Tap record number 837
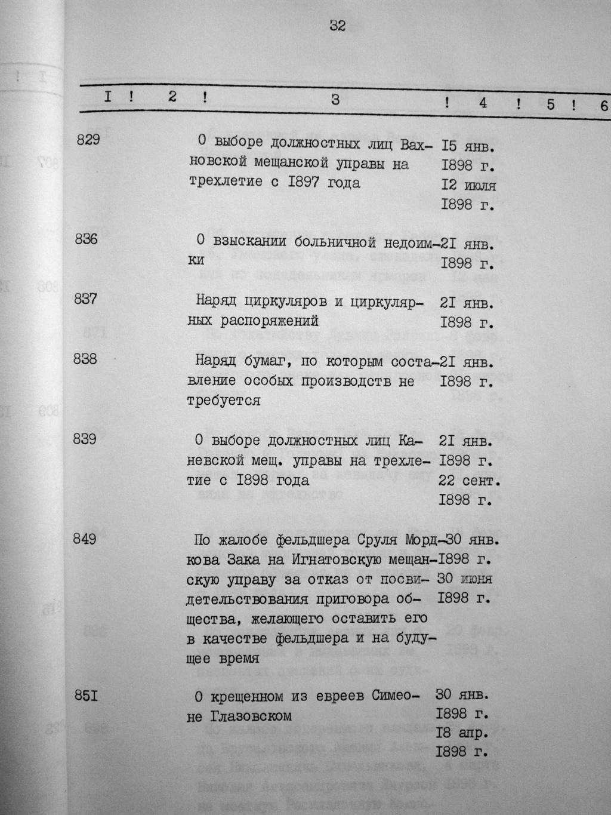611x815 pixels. pyautogui.click(x=85, y=300)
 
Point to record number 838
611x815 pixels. pyautogui.click(x=85, y=359)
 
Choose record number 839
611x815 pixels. pyautogui.click(x=85, y=439)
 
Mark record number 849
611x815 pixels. pyautogui.click(x=85, y=539)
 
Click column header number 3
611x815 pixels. pyautogui.click(x=335, y=100)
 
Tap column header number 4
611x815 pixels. pyautogui.click(x=482, y=103)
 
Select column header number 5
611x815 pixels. pyautogui.click(x=550, y=104)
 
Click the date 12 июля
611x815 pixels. pyautogui.click(x=468, y=185)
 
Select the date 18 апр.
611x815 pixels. pyautogui.click(x=464, y=732)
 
